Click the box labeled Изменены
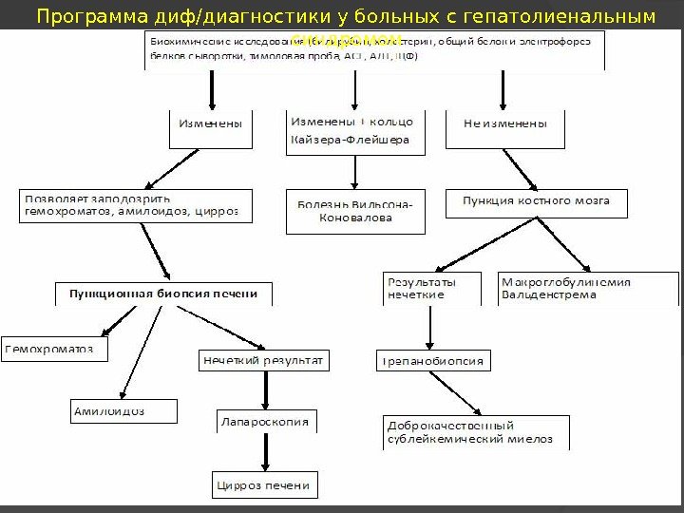(x=211, y=128)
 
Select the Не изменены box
(x=504, y=128)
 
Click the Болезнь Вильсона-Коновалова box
(x=354, y=212)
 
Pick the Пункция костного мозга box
(x=536, y=203)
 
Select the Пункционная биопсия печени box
(x=163, y=294)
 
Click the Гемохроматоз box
(x=54, y=349)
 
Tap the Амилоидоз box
(x=123, y=410)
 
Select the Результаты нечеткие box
(x=431, y=288)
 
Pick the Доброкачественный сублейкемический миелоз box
(x=477, y=432)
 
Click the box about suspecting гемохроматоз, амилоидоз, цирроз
(x=137, y=206)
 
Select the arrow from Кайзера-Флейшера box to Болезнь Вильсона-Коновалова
(x=354, y=172)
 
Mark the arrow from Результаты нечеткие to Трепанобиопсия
(x=431, y=327)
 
